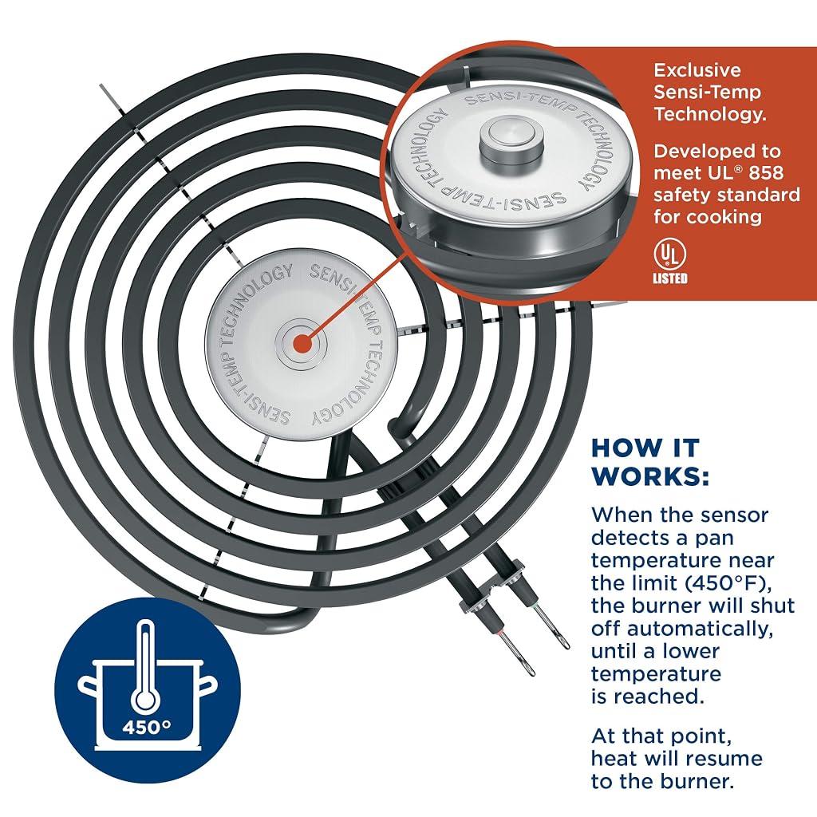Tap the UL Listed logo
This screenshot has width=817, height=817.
(670, 262)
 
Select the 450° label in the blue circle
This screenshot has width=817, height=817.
(147, 726)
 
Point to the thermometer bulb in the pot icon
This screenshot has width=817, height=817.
(145, 697)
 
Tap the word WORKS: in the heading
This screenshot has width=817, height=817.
(650, 476)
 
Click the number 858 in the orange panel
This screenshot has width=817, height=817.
(766, 173)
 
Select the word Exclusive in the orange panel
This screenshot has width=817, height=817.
(697, 70)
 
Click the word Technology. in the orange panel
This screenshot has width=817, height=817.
(710, 114)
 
